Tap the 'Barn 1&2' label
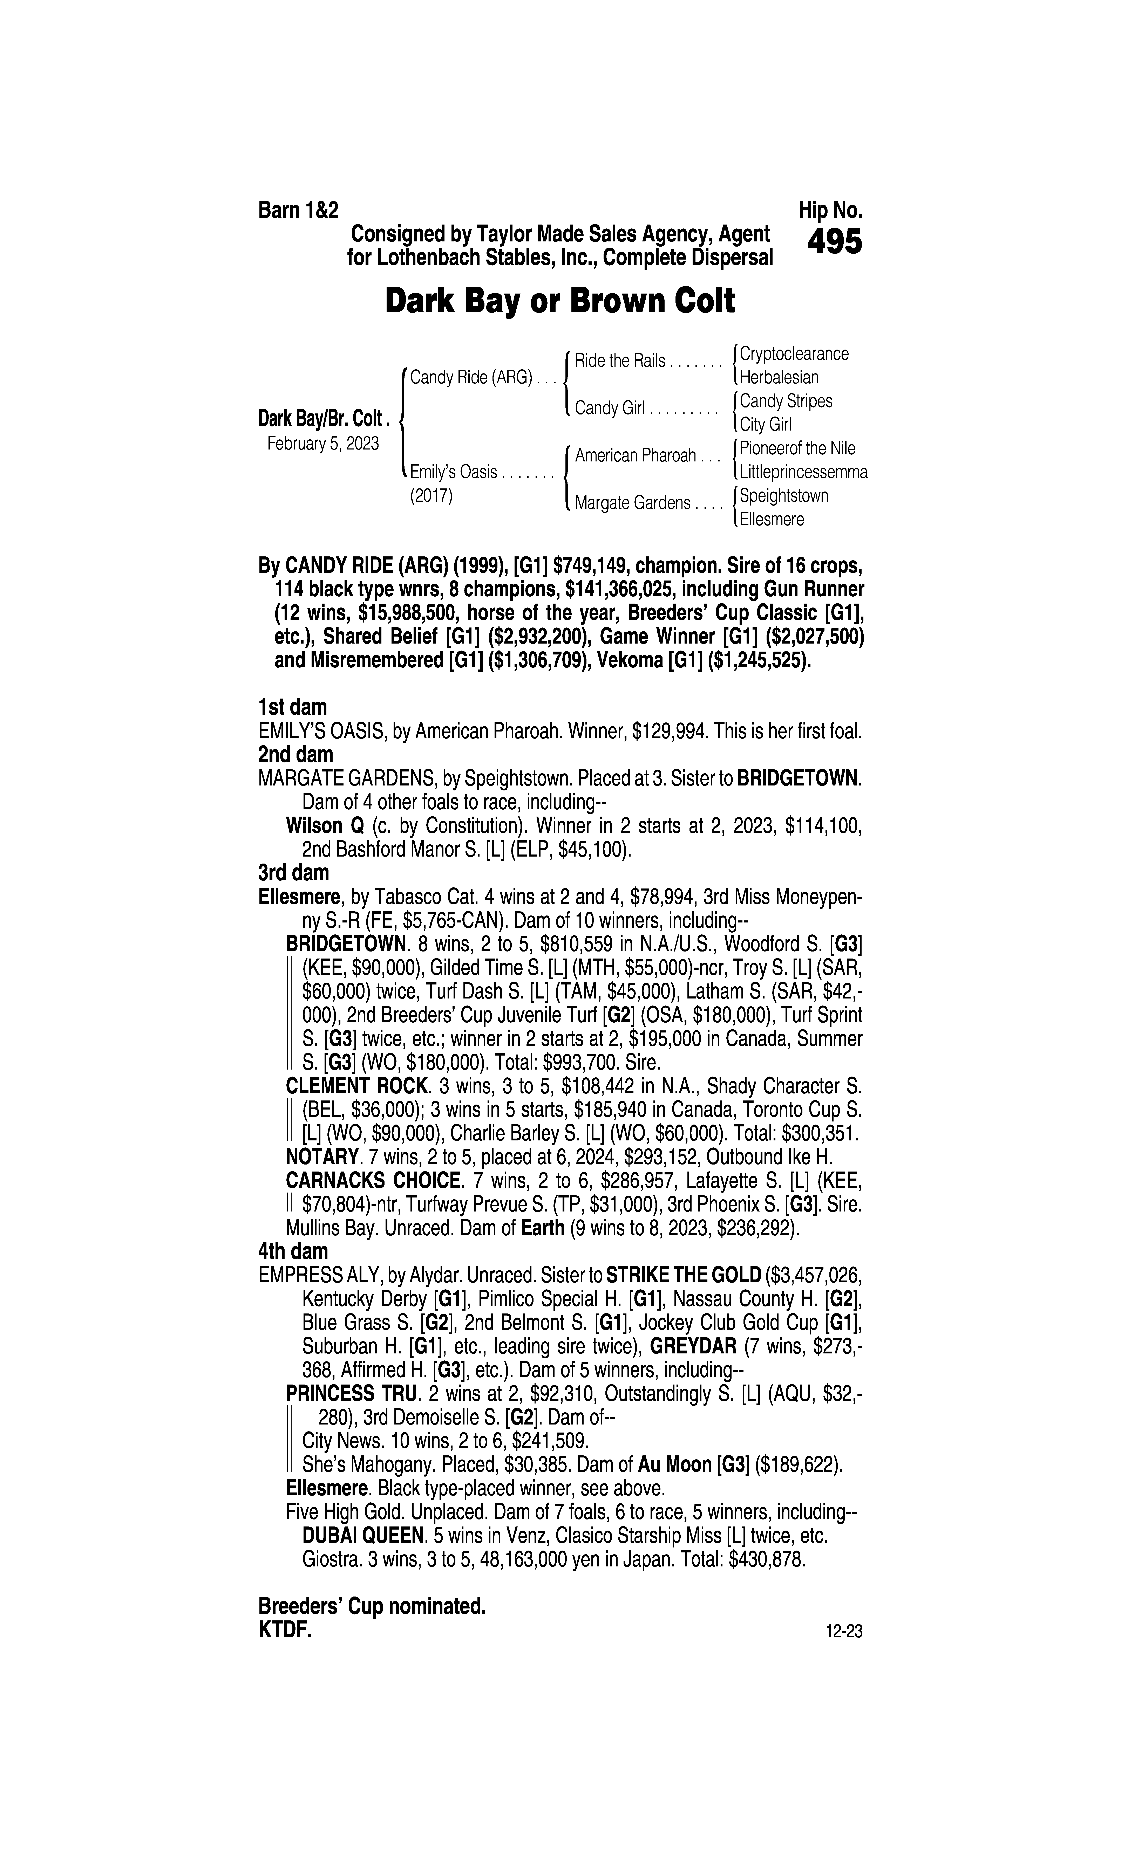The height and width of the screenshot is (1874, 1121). (x=298, y=210)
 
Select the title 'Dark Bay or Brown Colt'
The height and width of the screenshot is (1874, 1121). (x=560, y=301)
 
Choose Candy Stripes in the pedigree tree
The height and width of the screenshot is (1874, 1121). (x=786, y=401)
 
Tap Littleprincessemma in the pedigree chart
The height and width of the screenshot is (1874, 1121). (x=803, y=473)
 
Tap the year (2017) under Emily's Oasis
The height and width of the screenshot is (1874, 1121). (x=431, y=497)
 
